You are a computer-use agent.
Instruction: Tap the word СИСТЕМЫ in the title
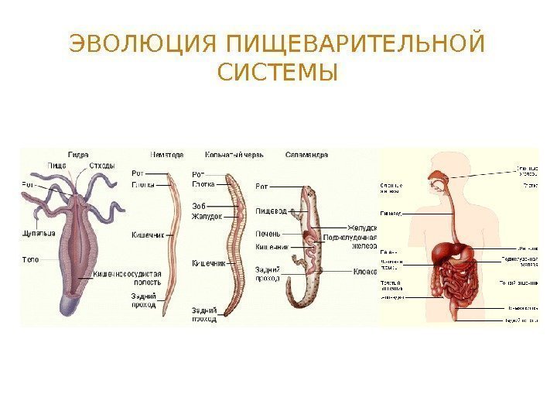[x=278, y=74]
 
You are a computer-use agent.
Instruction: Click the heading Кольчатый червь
[x=234, y=154]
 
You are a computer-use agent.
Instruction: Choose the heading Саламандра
[x=306, y=154]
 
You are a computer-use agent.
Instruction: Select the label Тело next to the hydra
[x=30, y=259]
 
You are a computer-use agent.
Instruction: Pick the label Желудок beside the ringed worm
[x=207, y=217]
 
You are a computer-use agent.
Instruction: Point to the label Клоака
[x=364, y=271]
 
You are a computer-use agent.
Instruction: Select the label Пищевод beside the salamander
[x=271, y=211]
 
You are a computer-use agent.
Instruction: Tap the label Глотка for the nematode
[x=143, y=185]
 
